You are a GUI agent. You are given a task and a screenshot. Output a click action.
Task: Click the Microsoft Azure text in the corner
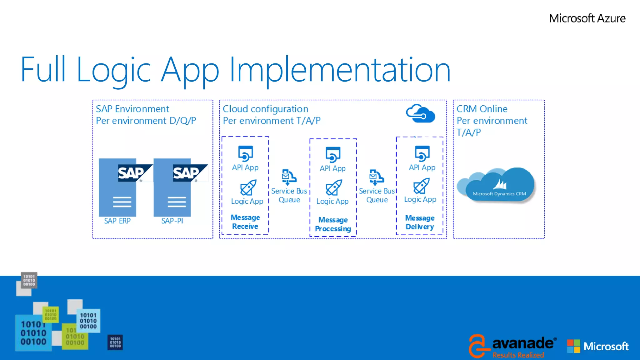pyautogui.click(x=587, y=18)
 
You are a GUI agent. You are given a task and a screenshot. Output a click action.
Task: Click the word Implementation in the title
pyautogui.click(x=340, y=70)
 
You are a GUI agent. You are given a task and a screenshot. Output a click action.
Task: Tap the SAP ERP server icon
pyautogui.click(x=117, y=187)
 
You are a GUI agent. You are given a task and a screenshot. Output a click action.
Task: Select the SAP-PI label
pyautogui.click(x=172, y=221)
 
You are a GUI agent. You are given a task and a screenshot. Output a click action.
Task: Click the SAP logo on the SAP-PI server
pyautogui.click(x=189, y=173)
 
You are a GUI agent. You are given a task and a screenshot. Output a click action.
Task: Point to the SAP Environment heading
pyautogui.click(x=132, y=109)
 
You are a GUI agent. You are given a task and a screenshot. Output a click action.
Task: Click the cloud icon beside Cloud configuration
pyautogui.click(x=420, y=114)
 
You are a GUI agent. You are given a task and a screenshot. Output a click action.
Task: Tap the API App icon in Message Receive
pyautogui.click(x=245, y=153)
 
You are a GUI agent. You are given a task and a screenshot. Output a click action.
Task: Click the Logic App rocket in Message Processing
pyautogui.click(x=333, y=187)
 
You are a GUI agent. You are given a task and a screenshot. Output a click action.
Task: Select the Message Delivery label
pyautogui.click(x=420, y=222)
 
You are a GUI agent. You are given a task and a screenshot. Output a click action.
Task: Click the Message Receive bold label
pyautogui.click(x=245, y=222)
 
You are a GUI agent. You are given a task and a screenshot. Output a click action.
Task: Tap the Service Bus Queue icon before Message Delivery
pyautogui.click(x=376, y=177)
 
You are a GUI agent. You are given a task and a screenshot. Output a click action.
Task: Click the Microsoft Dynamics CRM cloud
pyautogui.click(x=498, y=186)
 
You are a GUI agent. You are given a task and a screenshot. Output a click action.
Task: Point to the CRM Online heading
pyautogui.click(x=482, y=109)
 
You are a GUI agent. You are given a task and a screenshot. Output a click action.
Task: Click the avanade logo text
pyautogui.click(x=522, y=343)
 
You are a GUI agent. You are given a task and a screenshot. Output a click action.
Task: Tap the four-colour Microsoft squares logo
pyautogui.click(x=573, y=346)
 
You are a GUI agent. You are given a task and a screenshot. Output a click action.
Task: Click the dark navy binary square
pyautogui.click(x=115, y=342)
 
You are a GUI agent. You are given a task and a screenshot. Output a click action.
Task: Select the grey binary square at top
pyautogui.click(x=29, y=280)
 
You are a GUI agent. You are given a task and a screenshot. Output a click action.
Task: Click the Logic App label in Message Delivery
pyautogui.click(x=420, y=199)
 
